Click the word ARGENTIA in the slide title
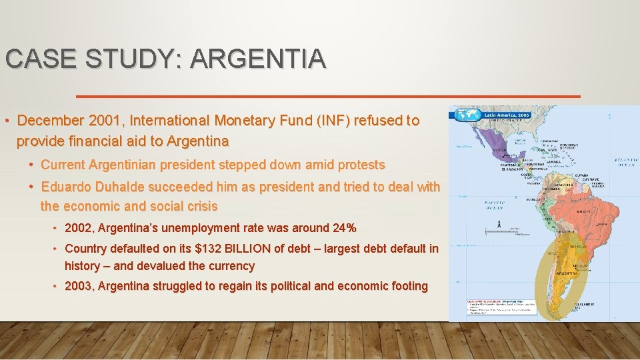(259, 59)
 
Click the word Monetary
(244, 121)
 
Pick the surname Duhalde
(125, 187)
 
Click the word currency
(225, 266)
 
